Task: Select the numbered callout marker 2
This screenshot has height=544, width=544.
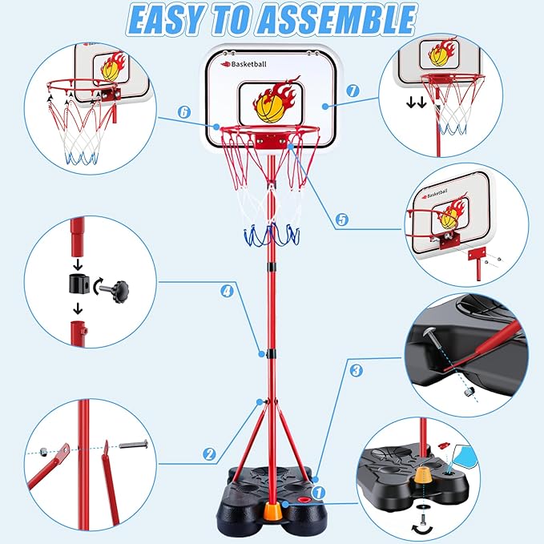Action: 209,454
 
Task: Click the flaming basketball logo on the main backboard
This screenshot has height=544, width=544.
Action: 271,102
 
